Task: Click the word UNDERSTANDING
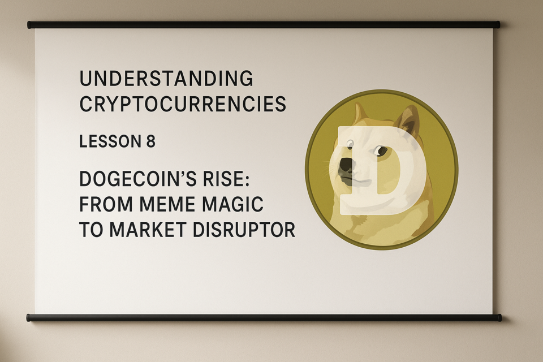tap(166, 78)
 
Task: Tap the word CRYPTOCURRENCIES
tap(183, 104)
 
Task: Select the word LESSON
tap(108, 141)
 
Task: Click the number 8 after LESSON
tap(150, 141)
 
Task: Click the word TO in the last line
tap(90, 229)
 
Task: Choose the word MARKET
tap(143, 229)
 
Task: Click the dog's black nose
tap(345, 165)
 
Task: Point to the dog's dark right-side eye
tap(382, 150)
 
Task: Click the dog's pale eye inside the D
tap(350, 143)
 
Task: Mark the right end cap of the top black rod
tap(497, 24)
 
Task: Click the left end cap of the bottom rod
tap(30, 317)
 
